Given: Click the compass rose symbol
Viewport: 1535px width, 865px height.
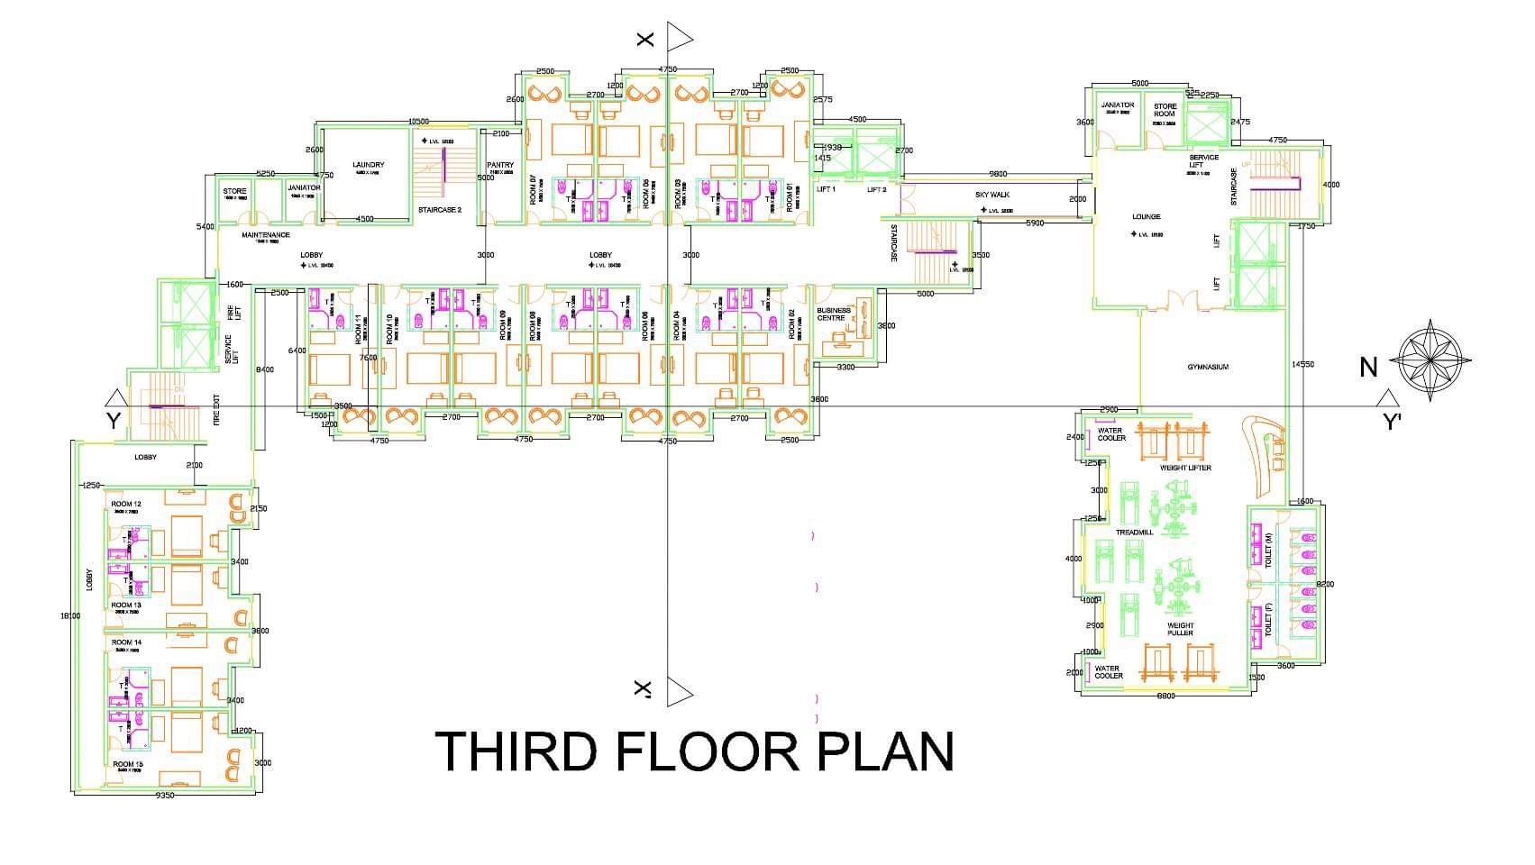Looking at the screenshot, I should [1430, 360].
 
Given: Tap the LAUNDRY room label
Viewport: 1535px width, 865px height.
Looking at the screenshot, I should [368, 165].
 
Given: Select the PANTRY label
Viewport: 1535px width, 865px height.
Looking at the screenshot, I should [499, 165].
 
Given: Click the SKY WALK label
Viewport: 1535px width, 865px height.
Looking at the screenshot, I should [993, 195].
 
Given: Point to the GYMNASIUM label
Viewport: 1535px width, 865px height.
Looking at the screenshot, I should [1208, 367].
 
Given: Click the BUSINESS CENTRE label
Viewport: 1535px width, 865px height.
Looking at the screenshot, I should [833, 314].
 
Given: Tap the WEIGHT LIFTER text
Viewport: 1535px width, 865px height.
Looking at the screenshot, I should [1185, 468].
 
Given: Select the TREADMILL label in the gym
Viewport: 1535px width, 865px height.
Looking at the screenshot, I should [1134, 533].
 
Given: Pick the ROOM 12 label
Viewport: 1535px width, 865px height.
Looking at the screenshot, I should [125, 504].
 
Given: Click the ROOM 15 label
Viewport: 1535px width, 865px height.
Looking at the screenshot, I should [127, 764].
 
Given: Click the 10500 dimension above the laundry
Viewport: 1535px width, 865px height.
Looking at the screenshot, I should [417, 121].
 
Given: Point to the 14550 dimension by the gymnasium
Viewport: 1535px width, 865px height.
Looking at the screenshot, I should [1302, 364].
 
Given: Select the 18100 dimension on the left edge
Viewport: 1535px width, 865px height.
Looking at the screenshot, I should [69, 616].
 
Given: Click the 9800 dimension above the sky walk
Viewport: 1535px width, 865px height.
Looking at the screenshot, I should [998, 173].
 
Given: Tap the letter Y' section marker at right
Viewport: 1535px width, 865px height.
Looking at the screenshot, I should [1393, 422].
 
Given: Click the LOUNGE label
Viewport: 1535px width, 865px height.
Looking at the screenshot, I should [1146, 216].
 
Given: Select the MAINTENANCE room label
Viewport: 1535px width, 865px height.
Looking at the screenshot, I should [266, 235].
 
